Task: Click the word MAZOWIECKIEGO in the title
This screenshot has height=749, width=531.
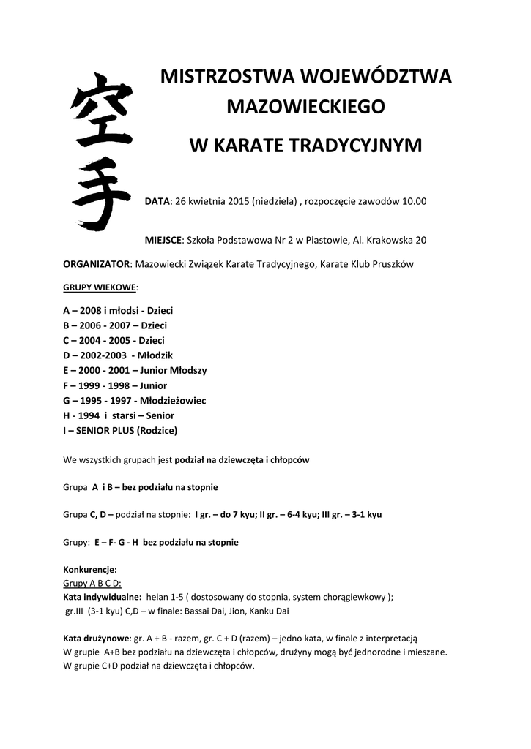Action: (x=305, y=107)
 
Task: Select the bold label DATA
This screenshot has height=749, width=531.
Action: (x=157, y=201)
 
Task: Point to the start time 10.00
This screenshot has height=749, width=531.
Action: (x=414, y=201)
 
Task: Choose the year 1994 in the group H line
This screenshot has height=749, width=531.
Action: (x=88, y=415)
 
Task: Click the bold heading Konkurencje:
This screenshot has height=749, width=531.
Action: (x=90, y=569)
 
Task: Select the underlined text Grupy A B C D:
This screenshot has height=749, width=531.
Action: (x=92, y=583)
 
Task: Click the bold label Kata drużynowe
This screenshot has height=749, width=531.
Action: (x=97, y=639)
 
